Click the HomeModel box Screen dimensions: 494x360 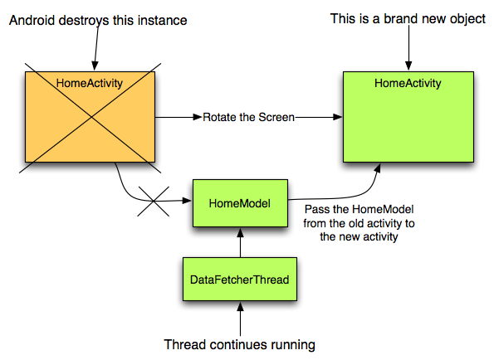(240, 203)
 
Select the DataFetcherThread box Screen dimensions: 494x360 (240, 280)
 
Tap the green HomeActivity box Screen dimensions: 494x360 (408, 117)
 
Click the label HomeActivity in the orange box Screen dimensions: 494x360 (90, 83)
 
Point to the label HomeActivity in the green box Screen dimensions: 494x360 (408, 83)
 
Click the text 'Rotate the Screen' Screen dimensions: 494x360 (248, 117)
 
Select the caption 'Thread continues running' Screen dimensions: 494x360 (239, 344)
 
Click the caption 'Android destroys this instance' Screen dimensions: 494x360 (98, 21)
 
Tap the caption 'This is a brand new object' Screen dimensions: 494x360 (408, 19)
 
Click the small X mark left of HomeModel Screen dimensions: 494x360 (154, 201)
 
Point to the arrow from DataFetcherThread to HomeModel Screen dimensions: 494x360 (241, 242)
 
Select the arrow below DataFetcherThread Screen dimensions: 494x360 (241, 319)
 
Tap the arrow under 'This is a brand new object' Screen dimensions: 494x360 (408, 48)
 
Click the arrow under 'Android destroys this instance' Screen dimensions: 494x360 (96, 48)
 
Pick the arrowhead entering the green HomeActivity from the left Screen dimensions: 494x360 (338, 117)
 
